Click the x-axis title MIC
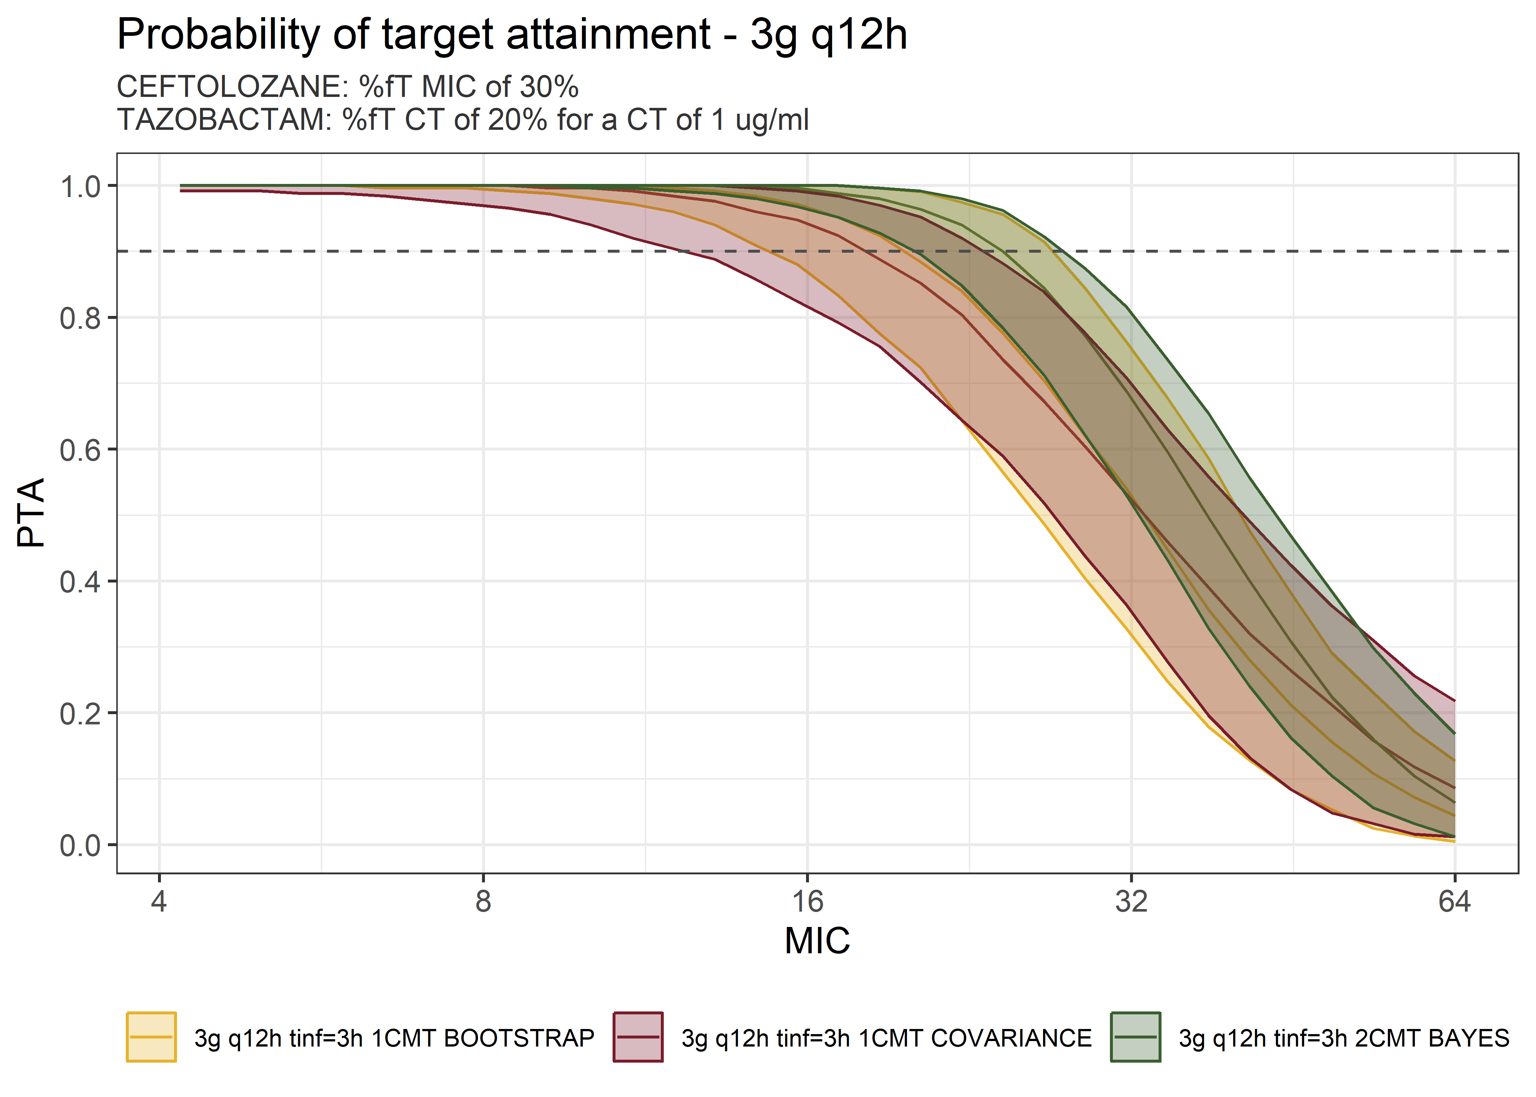coord(817,940)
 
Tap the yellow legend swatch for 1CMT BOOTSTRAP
coord(151,1037)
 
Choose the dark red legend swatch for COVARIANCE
coord(638,1037)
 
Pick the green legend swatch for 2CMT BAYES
coord(1136,1037)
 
